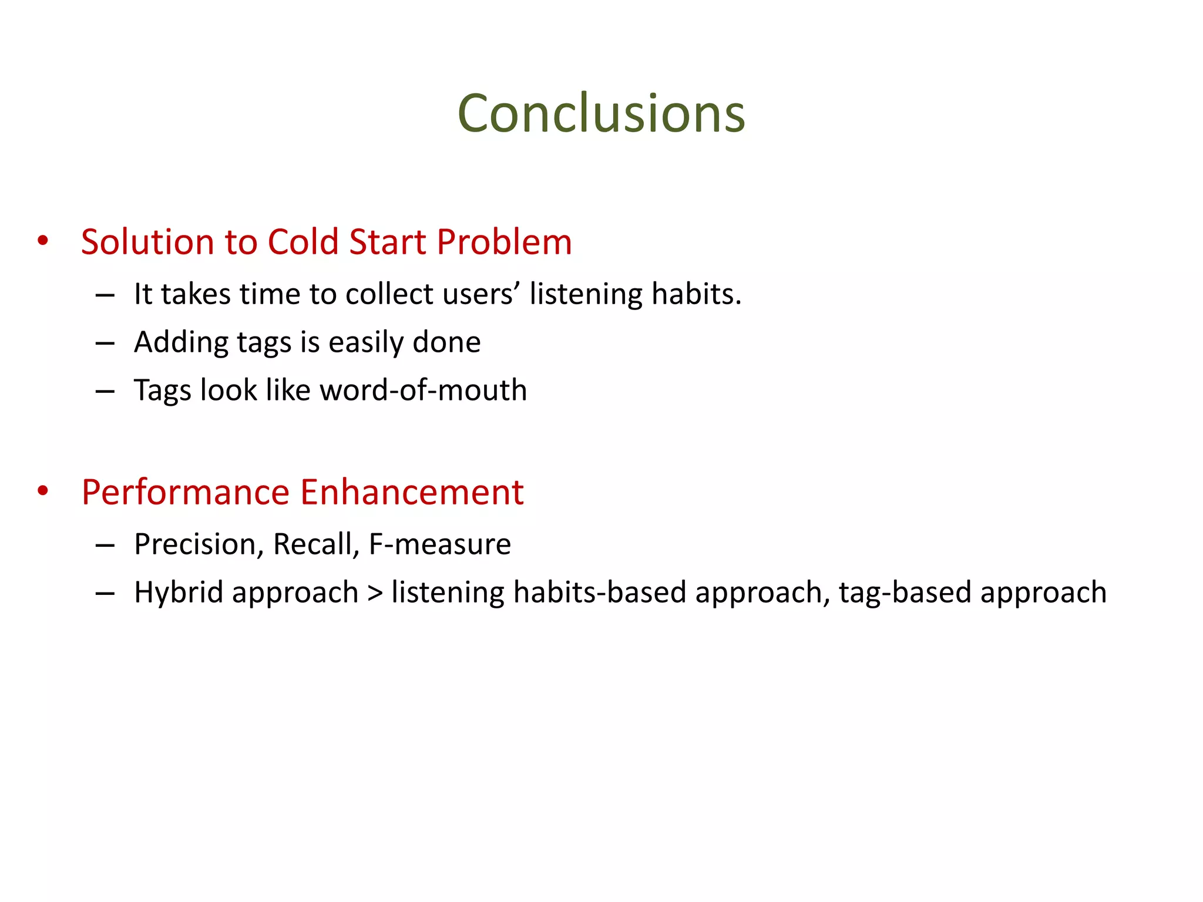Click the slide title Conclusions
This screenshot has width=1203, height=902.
pyautogui.click(x=601, y=113)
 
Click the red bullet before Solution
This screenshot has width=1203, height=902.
pyautogui.click(x=42, y=241)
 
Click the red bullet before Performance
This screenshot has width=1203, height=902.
pyautogui.click(x=42, y=491)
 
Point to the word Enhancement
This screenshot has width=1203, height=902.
pyautogui.click(x=412, y=492)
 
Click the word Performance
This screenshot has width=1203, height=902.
pyautogui.click(x=186, y=492)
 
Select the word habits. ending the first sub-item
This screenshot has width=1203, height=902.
pyautogui.click(x=696, y=294)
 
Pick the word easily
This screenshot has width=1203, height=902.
pyautogui.click(x=365, y=342)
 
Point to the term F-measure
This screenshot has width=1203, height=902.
pyautogui.click(x=439, y=544)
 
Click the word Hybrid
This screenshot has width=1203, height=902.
pyautogui.click(x=179, y=593)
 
